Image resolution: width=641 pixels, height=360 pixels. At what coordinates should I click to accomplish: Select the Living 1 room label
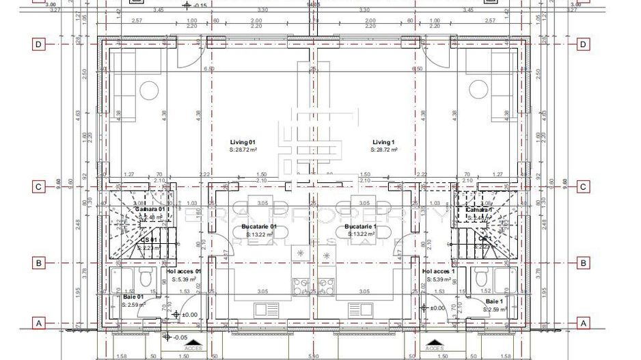[x=383, y=142]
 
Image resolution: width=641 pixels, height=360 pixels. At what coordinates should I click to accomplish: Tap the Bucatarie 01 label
[x=259, y=227]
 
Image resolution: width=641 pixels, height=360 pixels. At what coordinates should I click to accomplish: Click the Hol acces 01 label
[x=184, y=271]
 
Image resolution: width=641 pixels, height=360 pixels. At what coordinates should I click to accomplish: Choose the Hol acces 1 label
[x=439, y=271]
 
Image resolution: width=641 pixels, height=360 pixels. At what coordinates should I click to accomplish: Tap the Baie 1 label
[x=494, y=301]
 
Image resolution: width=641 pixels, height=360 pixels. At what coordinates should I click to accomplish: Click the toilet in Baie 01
[x=144, y=277]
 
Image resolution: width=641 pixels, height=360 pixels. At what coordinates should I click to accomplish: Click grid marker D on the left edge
[x=39, y=45]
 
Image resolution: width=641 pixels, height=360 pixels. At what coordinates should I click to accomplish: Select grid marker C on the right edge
[x=583, y=186]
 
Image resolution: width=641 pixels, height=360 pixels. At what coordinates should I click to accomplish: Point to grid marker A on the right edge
[x=583, y=322]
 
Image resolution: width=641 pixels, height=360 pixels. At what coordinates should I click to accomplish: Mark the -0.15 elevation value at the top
[x=200, y=5]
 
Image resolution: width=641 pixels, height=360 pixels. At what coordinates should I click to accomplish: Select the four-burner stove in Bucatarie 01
[x=301, y=286]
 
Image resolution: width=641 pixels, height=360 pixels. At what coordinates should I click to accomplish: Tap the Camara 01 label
[x=150, y=210]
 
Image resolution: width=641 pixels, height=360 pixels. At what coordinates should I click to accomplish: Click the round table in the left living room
[x=150, y=90]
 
